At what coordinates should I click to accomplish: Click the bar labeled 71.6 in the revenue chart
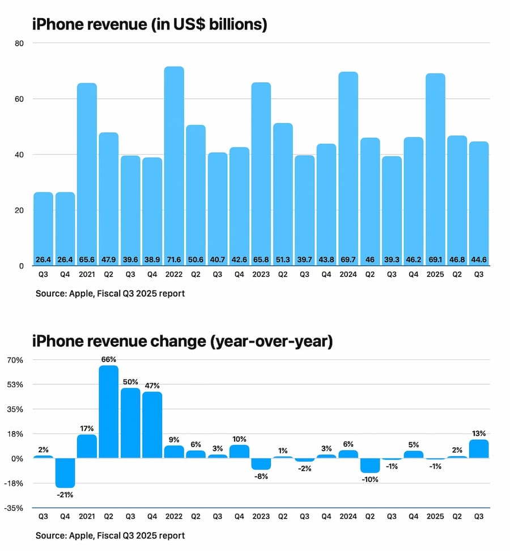pyautogui.click(x=174, y=165)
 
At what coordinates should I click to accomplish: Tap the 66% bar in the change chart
pyautogui.click(x=109, y=411)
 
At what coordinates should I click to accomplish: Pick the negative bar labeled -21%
pyautogui.click(x=65, y=473)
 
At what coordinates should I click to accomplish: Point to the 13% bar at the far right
pyautogui.click(x=479, y=449)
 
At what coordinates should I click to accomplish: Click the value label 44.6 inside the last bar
pyautogui.click(x=479, y=259)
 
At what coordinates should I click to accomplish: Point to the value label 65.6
pyautogui.click(x=87, y=259)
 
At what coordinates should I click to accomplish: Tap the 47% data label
pyautogui.click(x=152, y=386)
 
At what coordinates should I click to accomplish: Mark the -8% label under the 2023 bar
pyautogui.click(x=261, y=477)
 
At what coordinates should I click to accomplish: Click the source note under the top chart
pyautogui.click(x=110, y=293)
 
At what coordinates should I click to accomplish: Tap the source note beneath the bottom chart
pyautogui.click(x=110, y=535)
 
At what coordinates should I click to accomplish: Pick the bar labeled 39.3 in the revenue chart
pyautogui.click(x=392, y=210)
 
